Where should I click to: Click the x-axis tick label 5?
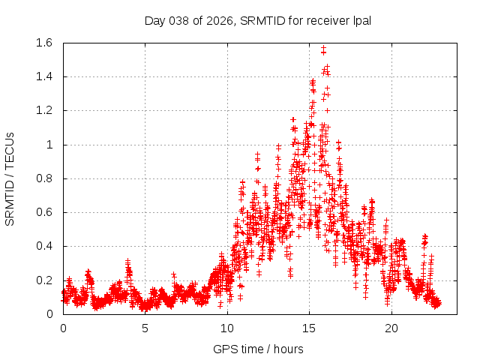point(145,328)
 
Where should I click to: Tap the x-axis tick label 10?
point(227,328)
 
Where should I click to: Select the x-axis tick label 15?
point(309,328)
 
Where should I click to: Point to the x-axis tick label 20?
point(391,328)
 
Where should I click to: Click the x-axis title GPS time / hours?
point(258,349)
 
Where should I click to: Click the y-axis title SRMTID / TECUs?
point(10,178)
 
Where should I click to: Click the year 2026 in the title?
point(222,20)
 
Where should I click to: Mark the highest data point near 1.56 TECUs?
point(323,49)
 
